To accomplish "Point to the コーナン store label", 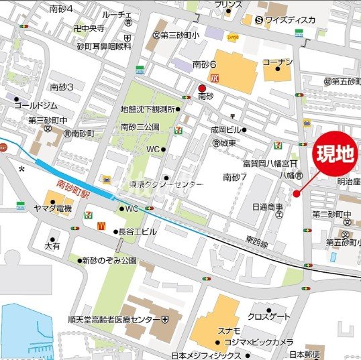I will [278, 62].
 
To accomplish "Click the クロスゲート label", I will [269, 316].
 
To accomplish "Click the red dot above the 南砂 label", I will [203, 88].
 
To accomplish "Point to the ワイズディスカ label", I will [289, 19].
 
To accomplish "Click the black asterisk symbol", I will [22, 170].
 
